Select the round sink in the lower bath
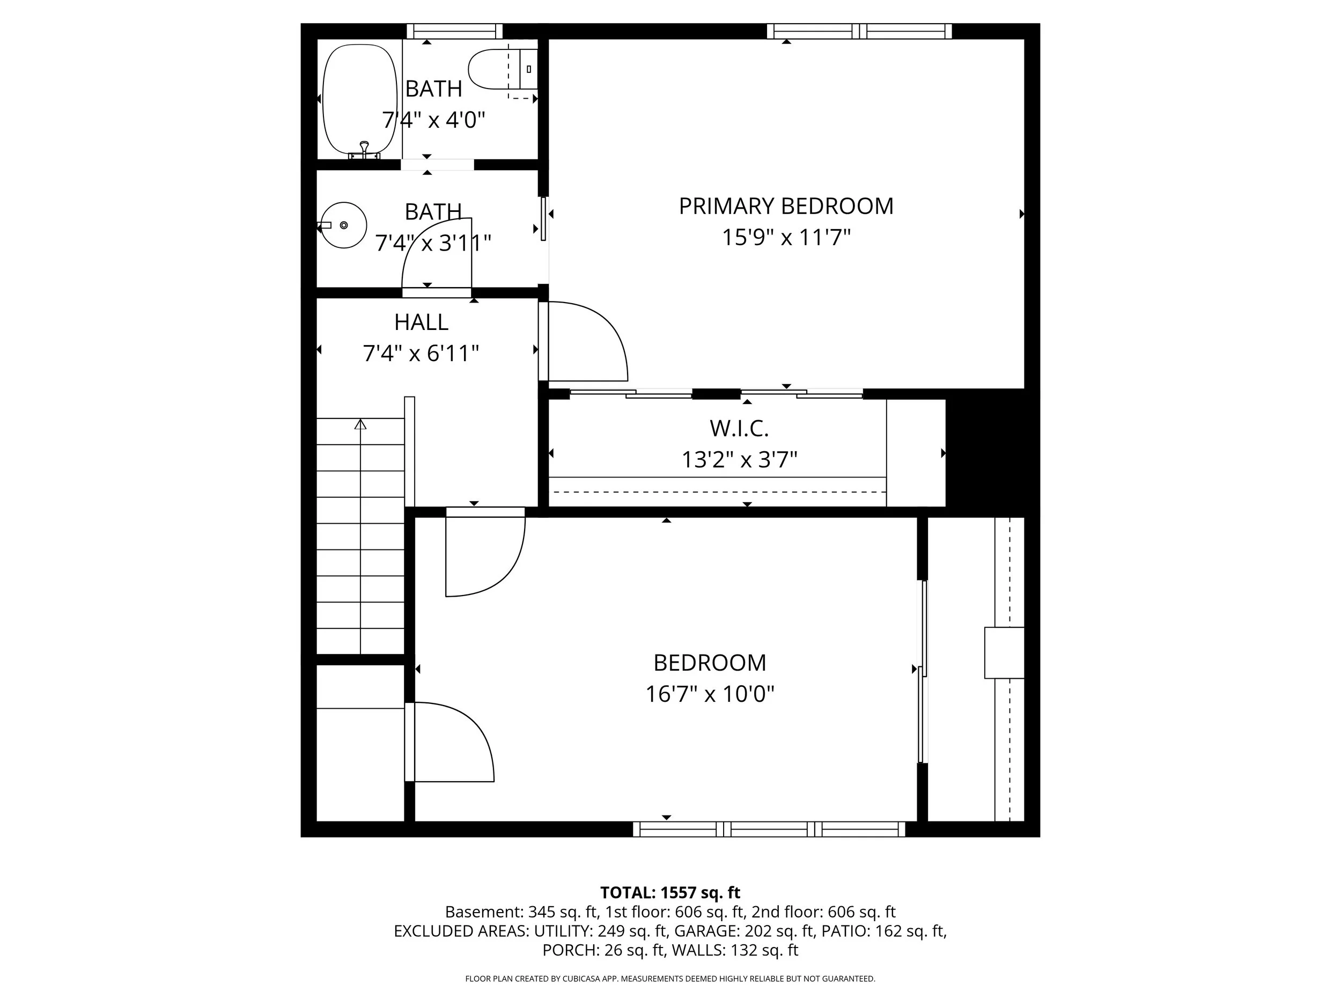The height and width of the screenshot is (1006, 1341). (x=344, y=225)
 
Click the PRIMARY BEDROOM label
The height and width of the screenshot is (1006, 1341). (x=786, y=206)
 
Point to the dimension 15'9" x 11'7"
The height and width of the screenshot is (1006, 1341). (x=786, y=238)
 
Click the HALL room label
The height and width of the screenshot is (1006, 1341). (x=421, y=322)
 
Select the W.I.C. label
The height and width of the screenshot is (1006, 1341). (x=739, y=429)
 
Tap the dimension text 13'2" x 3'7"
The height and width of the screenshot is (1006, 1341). (x=739, y=460)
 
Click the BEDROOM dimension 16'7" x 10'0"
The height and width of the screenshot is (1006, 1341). (x=709, y=694)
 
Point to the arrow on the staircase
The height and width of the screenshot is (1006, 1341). (x=360, y=424)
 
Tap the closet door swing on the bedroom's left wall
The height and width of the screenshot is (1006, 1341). (x=452, y=742)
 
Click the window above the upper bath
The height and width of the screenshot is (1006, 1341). (x=454, y=31)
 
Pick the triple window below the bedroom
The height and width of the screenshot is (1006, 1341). (x=769, y=829)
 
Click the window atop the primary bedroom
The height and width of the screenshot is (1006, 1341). (x=858, y=31)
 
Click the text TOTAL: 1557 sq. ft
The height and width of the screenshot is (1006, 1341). (x=670, y=893)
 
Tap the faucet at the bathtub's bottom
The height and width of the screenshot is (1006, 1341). (x=364, y=150)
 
